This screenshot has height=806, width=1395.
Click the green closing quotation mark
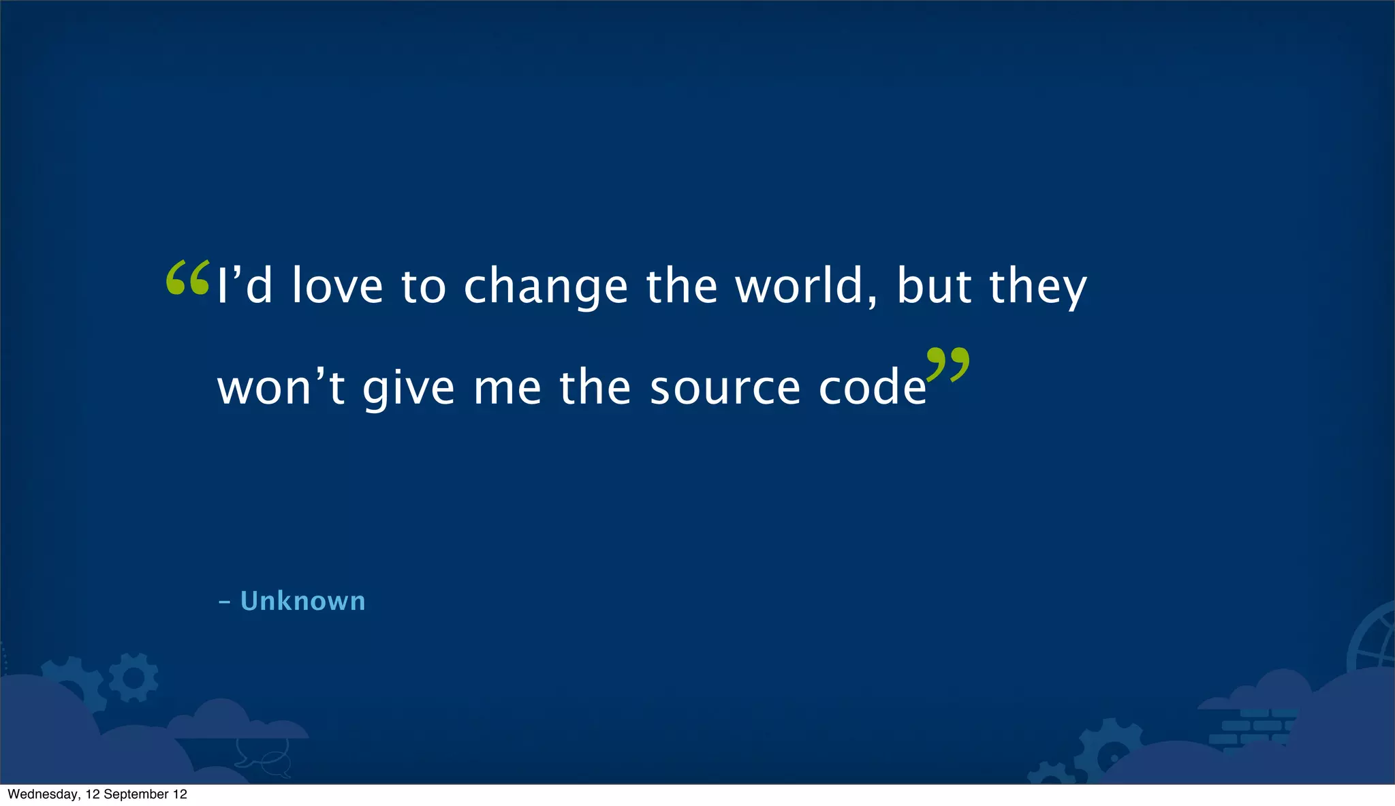click(x=948, y=365)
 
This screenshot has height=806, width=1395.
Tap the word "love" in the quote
click(x=337, y=286)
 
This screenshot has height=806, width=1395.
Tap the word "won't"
click(x=281, y=388)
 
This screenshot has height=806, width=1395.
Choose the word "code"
click(x=873, y=388)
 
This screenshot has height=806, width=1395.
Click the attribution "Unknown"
click(x=302, y=601)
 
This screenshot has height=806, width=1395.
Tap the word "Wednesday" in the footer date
click(x=42, y=794)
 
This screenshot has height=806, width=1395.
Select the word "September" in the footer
click(x=136, y=794)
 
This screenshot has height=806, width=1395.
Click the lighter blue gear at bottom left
click(x=134, y=678)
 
